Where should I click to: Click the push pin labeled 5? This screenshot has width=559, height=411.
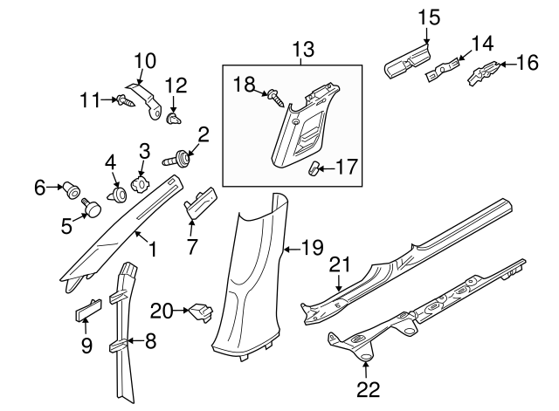(91, 207)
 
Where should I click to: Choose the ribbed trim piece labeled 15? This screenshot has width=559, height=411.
(408, 60)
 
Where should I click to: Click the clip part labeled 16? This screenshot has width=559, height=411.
(485, 74)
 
